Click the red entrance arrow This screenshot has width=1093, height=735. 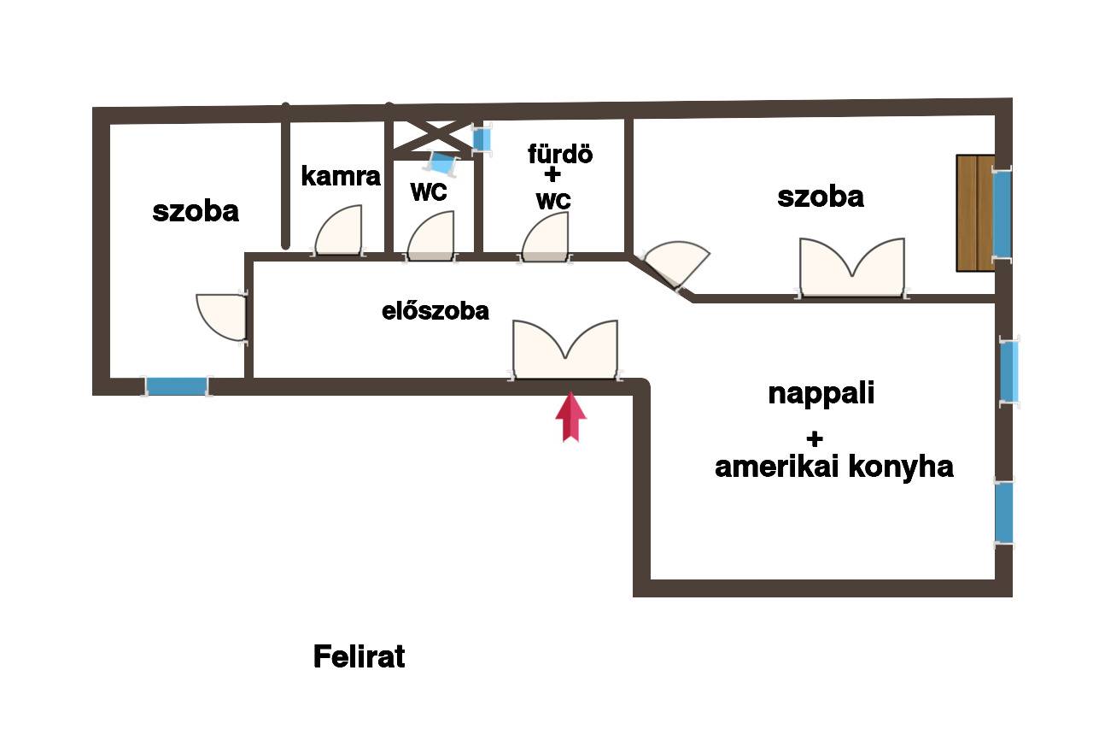pyautogui.click(x=570, y=416)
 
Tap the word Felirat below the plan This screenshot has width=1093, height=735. pyautogui.click(x=359, y=656)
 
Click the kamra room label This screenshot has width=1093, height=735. pyautogui.click(x=341, y=176)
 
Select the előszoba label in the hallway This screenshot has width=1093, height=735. pyautogui.click(x=435, y=311)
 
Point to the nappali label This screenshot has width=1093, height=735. pyautogui.click(x=821, y=394)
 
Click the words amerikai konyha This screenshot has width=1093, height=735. pyautogui.click(x=834, y=467)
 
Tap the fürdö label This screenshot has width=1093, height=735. pyautogui.click(x=560, y=154)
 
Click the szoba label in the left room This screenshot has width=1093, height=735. pyautogui.click(x=196, y=211)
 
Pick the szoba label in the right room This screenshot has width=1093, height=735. pyautogui.click(x=821, y=197)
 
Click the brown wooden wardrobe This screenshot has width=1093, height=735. pyautogui.click(x=975, y=213)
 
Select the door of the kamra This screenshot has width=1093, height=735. pyautogui.click(x=339, y=230)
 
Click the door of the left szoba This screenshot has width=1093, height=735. pyautogui.click(x=221, y=317)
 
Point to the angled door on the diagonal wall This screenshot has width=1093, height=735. pyautogui.click(x=675, y=264)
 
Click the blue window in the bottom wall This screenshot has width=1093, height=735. pyautogui.click(x=177, y=386)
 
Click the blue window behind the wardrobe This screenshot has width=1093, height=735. pyautogui.click(x=1002, y=214)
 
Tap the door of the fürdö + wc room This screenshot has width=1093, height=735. pyautogui.click(x=545, y=238)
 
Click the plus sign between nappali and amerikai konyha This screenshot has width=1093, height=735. pyautogui.click(x=815, y=439)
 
